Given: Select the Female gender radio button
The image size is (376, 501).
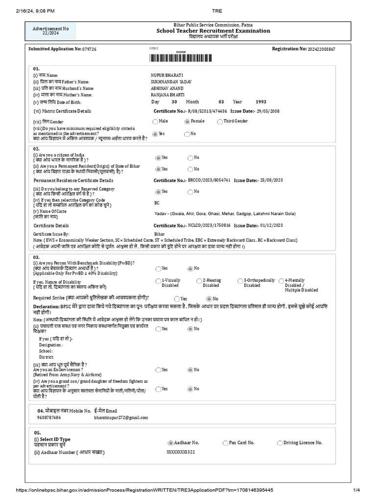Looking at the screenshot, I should point(187,121).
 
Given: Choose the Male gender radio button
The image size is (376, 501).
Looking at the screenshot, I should point(155,121).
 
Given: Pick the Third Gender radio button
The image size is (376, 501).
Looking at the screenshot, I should point(219,121).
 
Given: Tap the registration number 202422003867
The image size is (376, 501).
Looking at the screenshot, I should point(322,49).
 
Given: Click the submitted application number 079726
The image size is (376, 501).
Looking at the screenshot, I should point(89,49).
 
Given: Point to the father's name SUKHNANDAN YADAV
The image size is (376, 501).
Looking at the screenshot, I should point(171,81).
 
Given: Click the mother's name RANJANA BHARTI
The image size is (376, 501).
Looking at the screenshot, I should point(168,95).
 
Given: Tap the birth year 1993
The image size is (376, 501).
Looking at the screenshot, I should point(261,102).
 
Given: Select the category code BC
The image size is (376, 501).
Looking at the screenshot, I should point(157,203).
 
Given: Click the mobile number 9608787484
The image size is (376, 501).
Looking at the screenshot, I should point(49,418).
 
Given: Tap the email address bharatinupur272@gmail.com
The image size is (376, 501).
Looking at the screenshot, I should point(121,418).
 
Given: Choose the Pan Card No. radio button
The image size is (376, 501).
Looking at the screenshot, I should point(225,443).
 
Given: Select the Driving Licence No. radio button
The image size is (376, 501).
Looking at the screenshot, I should point(280,443).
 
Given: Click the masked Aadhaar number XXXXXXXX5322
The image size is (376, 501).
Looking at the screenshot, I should point(181,453).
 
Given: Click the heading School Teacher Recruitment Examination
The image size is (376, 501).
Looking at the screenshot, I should point(213,31).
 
